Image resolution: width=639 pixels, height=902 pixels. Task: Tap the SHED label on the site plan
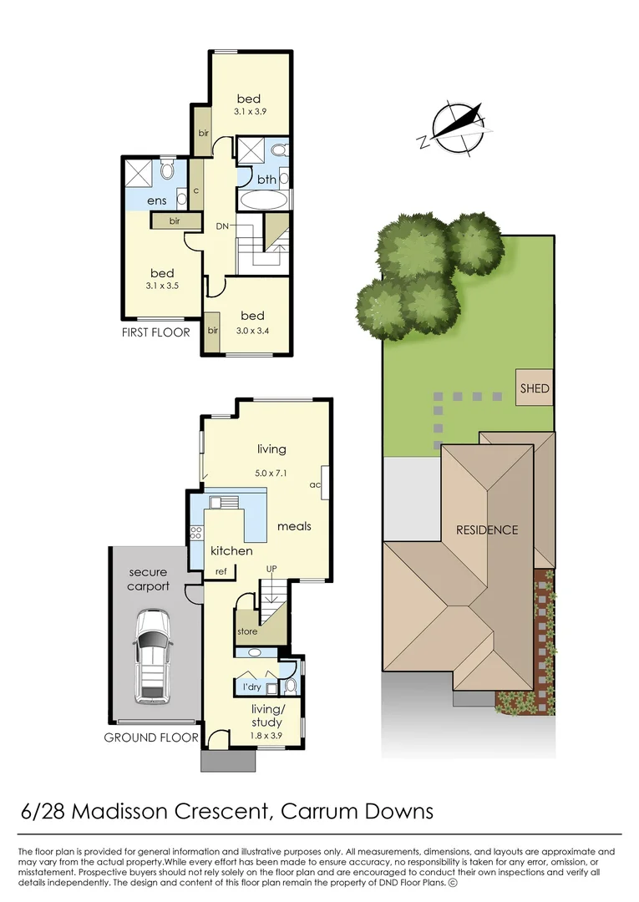[x=535, y=388]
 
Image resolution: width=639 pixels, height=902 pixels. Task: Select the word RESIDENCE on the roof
[x=486, y=530]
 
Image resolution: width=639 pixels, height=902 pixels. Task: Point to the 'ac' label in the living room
[x=315, y=484]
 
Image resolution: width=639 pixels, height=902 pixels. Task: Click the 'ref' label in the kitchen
[x=221, y=571]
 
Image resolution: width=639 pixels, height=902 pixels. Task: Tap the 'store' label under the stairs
[x=247, y=631]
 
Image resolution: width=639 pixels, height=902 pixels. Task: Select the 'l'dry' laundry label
[x=251, y=687]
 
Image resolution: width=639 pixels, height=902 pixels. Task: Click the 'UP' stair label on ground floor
[x=271, y=569]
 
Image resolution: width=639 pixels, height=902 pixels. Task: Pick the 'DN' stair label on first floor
[x=223, y=226]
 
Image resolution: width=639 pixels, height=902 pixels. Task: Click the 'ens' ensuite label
[x=157, y=200]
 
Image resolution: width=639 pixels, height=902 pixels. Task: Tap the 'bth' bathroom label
[x=266, y=179]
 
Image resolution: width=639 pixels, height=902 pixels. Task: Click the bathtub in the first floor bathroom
[x=263, y=200]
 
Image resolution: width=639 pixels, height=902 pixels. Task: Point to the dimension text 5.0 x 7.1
[x=271, y=473]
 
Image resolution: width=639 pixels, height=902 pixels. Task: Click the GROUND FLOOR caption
[x=151, y=737]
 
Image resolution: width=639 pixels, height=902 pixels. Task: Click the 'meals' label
[x=294, y=526]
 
